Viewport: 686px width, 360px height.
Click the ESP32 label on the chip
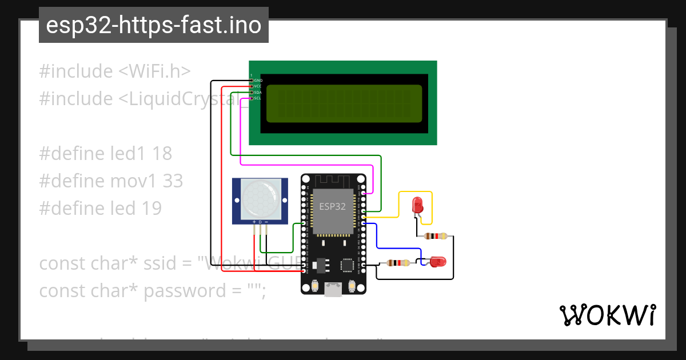pos(332,207)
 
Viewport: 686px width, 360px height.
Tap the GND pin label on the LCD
pos(258,81)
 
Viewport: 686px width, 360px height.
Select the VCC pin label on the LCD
pos(258,86)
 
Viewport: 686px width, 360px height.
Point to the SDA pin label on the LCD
pos(258,92)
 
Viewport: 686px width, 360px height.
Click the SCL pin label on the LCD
pos(258,98)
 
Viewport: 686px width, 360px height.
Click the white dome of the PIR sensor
pos(258,198)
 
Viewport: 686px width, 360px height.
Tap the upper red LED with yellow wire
pos(418,205)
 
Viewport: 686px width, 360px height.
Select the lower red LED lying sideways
pos(437,262)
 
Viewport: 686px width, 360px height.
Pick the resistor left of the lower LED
pos(398,263)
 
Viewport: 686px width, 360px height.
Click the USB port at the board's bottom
pos(333,290)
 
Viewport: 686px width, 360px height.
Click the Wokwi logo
pos(608,315)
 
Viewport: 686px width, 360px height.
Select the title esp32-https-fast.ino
pos(153,25)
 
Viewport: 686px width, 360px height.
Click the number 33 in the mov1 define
pos(173,181)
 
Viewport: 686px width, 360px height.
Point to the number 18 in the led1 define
pos(162,154)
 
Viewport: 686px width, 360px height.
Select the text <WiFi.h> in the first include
pos(154,71)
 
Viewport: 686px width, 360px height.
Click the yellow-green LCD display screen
pos(344,103)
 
